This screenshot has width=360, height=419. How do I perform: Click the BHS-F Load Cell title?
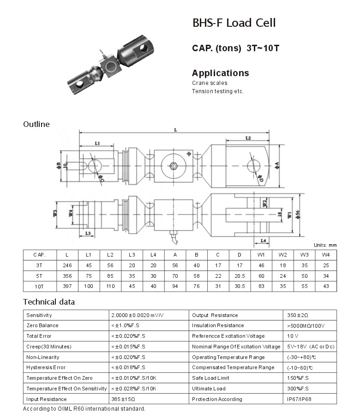coord(234,23)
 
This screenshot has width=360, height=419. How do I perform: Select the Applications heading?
coord(220,73)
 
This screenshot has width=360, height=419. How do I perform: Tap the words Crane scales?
coord(210,83)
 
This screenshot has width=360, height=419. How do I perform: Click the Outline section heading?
coord(36,124)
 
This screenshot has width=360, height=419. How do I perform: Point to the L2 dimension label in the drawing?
coord(248,138)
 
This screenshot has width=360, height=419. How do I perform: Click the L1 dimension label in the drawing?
coord(97,144)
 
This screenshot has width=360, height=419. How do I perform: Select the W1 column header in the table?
coord(261,255)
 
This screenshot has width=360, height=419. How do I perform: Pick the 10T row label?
coord(39,286)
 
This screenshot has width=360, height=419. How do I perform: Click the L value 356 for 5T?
coord(67,276)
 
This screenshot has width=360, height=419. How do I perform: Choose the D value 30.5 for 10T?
coord(239,286)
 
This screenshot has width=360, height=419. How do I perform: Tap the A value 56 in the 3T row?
coord(175,265)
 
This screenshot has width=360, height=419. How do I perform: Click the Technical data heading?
coord(49,302)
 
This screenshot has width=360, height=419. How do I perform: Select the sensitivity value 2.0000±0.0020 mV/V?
coord(138,315)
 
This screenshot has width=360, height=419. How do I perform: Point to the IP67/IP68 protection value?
coord(300,399)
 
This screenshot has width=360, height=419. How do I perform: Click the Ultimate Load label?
coord(209,389)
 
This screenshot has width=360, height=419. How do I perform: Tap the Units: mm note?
coord(325,245)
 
